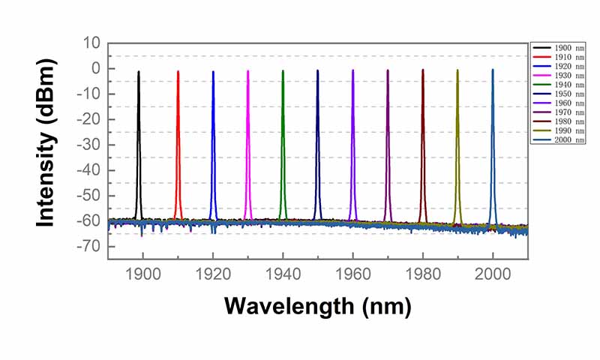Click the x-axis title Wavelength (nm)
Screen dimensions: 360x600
[317, 306]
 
